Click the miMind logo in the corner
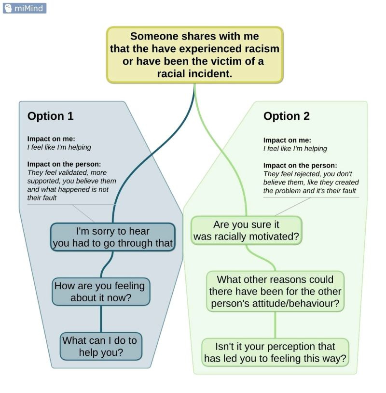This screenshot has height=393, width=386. pos(24,8)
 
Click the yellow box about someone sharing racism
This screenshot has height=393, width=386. pos(194,55)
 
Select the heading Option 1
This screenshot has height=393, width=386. pos(50,116)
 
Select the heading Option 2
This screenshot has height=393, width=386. pos(286,116)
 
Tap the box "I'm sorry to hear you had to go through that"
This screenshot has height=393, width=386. pos(112,237)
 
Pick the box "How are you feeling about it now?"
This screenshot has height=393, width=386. pos(101,292)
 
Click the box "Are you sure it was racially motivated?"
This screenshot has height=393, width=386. pos(246,231)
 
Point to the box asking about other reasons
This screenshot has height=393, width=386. pos(275,292)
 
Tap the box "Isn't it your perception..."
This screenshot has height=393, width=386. pos(275,352)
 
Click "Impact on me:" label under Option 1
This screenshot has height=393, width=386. pos(51,139)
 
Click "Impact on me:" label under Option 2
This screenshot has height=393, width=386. pos(287,140)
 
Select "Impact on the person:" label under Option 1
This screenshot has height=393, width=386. pos(64,164)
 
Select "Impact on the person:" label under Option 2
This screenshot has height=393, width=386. pos(300,165)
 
